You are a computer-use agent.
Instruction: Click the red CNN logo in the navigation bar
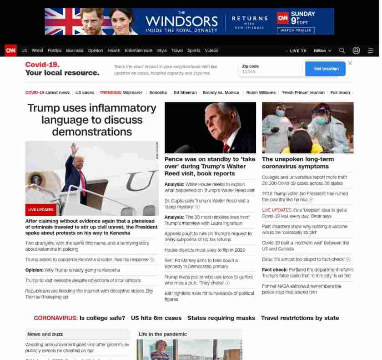pos(10,51)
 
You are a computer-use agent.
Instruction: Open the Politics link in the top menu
pos(55,51)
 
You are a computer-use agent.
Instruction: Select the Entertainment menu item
pos(139,51)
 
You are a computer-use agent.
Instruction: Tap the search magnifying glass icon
pos(342,51)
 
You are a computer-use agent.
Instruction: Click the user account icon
pos(357,51)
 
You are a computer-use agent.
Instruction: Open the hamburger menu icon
pos(371,51)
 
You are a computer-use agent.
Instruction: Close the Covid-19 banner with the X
pos(350,63)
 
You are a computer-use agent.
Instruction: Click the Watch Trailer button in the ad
pos(296,30)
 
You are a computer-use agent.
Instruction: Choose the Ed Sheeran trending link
pos(185,92)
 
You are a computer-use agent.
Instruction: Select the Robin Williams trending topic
pos(261,92)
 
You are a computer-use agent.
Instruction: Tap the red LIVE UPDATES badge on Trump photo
pos(40,210)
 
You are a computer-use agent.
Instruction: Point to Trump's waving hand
pos(74,148)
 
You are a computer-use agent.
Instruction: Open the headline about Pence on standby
pos(210,166)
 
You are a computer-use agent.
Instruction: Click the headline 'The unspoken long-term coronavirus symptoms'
pos(298,162)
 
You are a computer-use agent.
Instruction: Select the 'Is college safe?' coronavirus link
pos(102,318)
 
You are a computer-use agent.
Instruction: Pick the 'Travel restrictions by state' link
pos(300,318)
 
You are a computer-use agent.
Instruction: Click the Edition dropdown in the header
pos(322,51)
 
